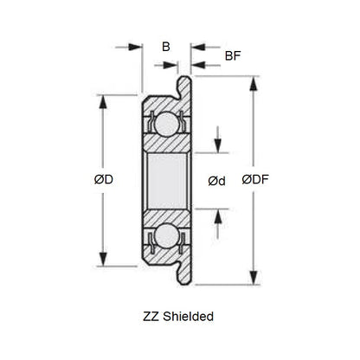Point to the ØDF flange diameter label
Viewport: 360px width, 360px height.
(254, 180)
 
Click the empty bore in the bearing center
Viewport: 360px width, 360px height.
(164, 180)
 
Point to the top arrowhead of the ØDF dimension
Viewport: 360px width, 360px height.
(254, 83)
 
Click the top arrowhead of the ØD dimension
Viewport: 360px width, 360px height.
(104, 100)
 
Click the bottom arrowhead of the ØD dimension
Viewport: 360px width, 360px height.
(104, 260)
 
